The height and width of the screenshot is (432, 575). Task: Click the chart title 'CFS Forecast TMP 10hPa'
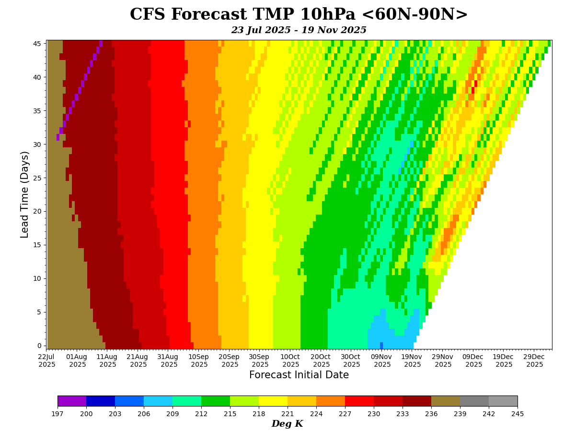click(x=298, y=15)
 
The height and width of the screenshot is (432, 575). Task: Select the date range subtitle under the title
click(x=298, y=30)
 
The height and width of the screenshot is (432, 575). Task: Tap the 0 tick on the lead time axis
click(x=40, y=346)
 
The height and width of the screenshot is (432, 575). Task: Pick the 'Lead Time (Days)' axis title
click(x=25, y=194)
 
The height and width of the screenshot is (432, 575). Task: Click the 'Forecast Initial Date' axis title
click(x=299, y=375)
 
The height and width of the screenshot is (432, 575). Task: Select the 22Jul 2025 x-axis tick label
click(x=47, y=360)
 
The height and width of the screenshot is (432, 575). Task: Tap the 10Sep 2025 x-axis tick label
click(x=199, y=360)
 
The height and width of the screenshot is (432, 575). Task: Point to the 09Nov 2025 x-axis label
click(x=382, y=360)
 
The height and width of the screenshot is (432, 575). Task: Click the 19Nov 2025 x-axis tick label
click(x=413, y=360)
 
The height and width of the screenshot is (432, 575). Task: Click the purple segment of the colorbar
click(x=72, y=401)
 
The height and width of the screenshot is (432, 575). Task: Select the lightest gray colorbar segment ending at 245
click(x=503, y=401)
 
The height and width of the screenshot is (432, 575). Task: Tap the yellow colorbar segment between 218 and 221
click(x=273, y=401)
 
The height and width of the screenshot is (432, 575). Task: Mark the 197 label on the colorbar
click(x=57, y=414)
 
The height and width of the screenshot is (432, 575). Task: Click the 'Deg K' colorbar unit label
click(x=287, y=424)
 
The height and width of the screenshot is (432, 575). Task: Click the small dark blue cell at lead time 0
click(x=381, y=346)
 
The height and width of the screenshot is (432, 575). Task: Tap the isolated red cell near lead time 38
click(x=473, y=90)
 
